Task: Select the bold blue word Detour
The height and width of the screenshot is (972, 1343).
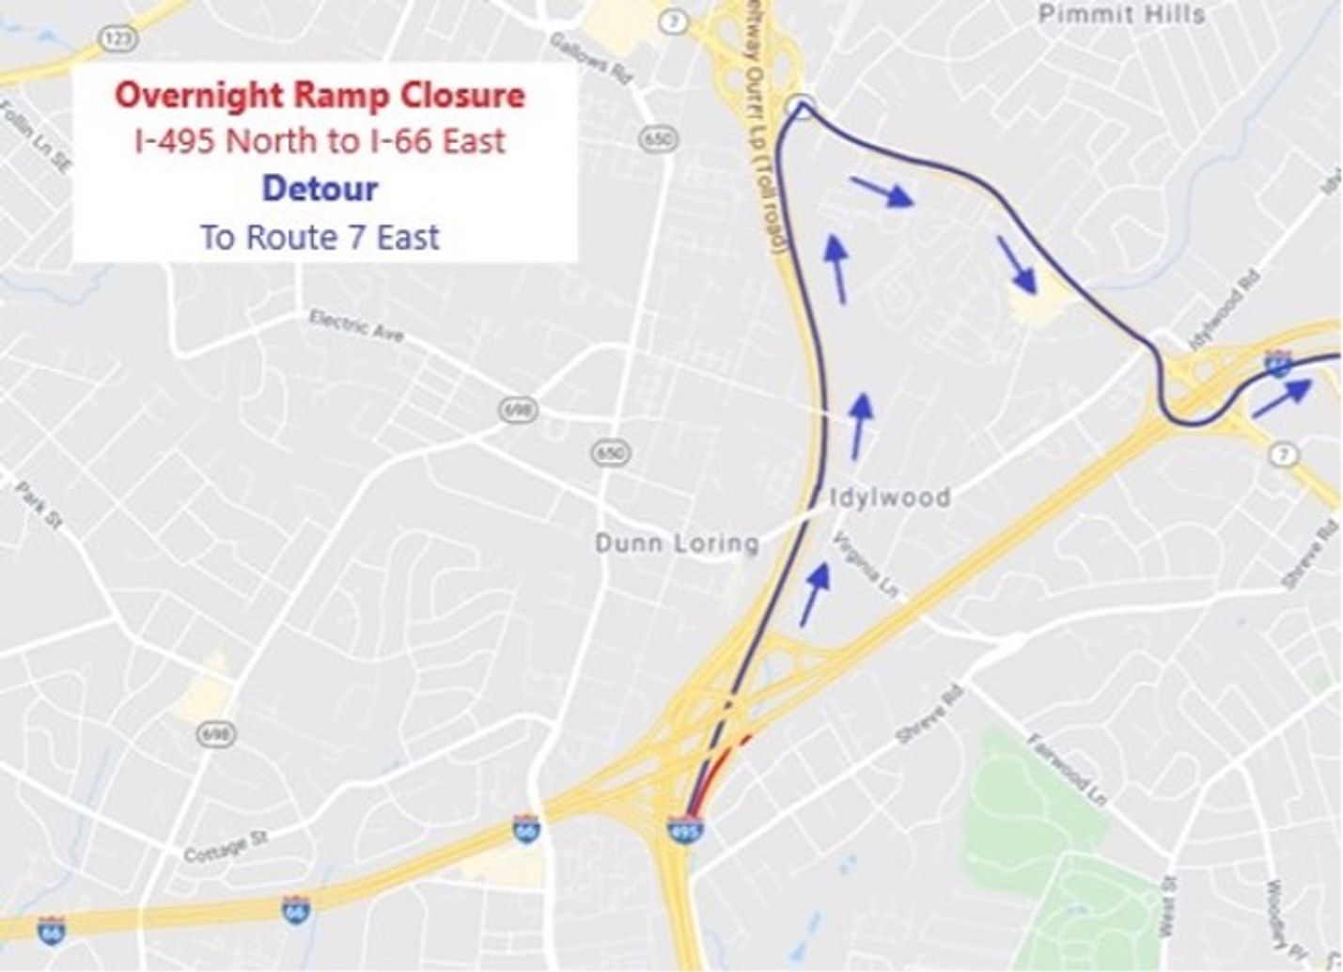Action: [x=320, y=188]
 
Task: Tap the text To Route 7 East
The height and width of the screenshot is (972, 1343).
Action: [x=320, y=237]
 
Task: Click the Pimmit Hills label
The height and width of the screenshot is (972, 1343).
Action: [x=1120, y=14]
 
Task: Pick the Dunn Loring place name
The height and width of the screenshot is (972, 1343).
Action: [x=677, y=542]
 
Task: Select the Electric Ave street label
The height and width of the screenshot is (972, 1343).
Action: [x=356, y=326]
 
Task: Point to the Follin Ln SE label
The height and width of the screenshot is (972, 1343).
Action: [x=35, y=136]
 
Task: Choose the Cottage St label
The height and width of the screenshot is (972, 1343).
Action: [x=226, y=846]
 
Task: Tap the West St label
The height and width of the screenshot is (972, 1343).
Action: [x=1167, y=906]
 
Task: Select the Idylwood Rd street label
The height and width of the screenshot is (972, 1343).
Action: [x=1224, y=309]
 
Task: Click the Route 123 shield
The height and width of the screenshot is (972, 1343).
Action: [x=118, y=39]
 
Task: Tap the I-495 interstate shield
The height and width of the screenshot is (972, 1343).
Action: [x=683, y=829]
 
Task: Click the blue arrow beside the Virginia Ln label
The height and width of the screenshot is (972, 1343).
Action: [x=815, y=593]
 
